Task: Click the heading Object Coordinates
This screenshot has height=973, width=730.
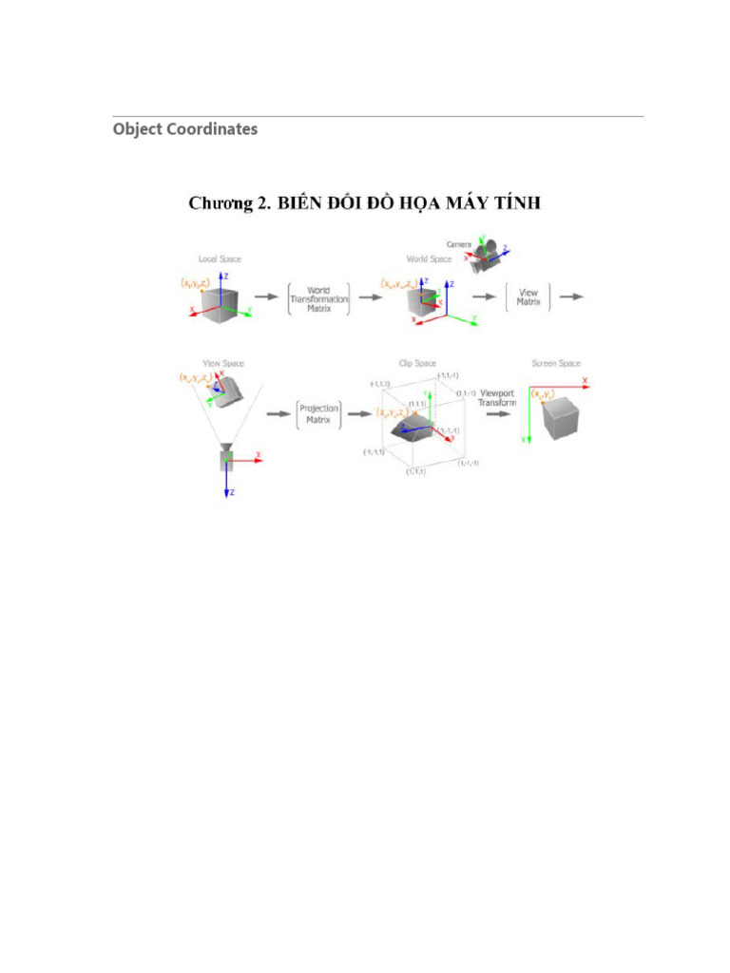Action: [x=184, y=129]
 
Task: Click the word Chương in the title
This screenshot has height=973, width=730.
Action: [x=221, y=203]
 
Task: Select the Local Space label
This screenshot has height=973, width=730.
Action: [x=219, y=258]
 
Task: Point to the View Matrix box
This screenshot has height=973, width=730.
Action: [x=528, y=296]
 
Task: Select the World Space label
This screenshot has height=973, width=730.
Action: [x=429, y=258]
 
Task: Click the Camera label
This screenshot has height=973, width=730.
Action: [x=459, y=244]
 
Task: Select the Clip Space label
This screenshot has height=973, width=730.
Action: [x=417, y=363]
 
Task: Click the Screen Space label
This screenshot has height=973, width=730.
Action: [x=556, y=363]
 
